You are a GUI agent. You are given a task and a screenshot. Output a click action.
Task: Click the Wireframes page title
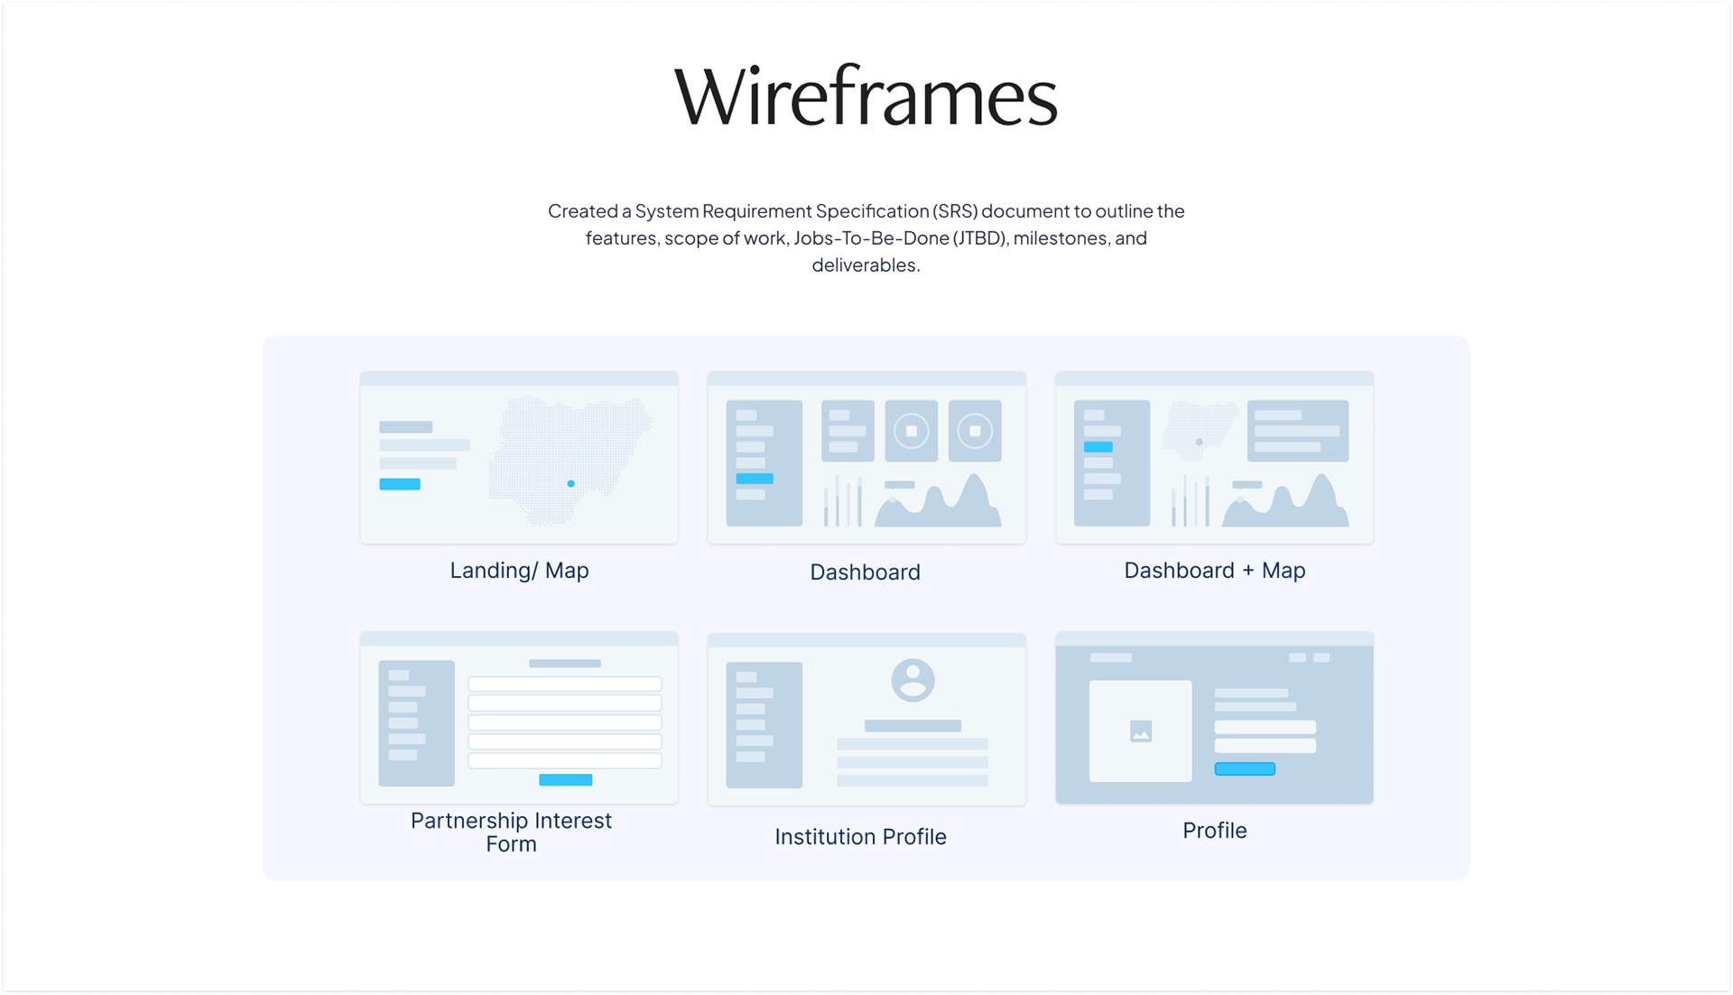click(x=866, y=96)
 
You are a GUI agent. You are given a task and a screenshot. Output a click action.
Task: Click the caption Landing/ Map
click(x=519, y=571)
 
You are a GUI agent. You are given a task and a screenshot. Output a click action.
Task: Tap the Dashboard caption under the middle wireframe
click(x=865, y=572)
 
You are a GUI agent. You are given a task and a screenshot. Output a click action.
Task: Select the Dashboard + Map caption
click(x=1214, y=571)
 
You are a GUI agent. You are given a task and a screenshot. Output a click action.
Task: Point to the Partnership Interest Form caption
click(x=511, y=832)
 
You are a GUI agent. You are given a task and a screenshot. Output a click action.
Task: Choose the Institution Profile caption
click(x=860, y=837)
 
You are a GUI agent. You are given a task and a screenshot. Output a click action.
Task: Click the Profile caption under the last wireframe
click(x=1214, y=831)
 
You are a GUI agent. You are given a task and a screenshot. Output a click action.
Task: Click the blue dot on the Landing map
click(x=570, y=484)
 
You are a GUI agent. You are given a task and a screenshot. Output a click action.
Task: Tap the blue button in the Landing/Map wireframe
click(x=400, y=484)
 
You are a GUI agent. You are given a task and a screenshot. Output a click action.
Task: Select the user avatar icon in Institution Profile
click(x=913, y=680)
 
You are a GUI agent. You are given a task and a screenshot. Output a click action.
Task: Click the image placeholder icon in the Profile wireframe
click(x=1141, y=731)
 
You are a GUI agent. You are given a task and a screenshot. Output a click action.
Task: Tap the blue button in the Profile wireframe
click(x=1245, y=769)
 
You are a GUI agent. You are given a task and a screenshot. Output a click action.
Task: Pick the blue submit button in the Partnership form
click(x=565, y=780)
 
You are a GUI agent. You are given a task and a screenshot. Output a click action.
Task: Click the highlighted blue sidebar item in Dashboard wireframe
click(x=755, y=479)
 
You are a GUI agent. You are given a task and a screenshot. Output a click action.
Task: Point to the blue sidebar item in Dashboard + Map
click(x=1098, y=447)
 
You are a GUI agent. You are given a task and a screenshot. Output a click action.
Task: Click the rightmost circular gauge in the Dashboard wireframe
click(x=975, y=431)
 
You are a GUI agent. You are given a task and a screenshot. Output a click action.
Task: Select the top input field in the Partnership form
click(x=564, y=683)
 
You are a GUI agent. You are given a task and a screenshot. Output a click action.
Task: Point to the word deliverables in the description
click(x=865, y=265)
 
